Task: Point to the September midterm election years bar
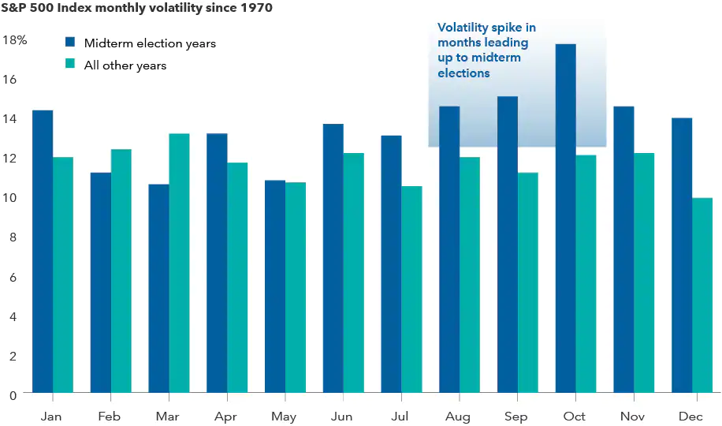(508, 245)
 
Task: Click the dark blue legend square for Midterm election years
(71, 43)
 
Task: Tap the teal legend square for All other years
(71, 65)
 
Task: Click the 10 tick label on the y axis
(11, 197)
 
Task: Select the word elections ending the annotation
(464, 73)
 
